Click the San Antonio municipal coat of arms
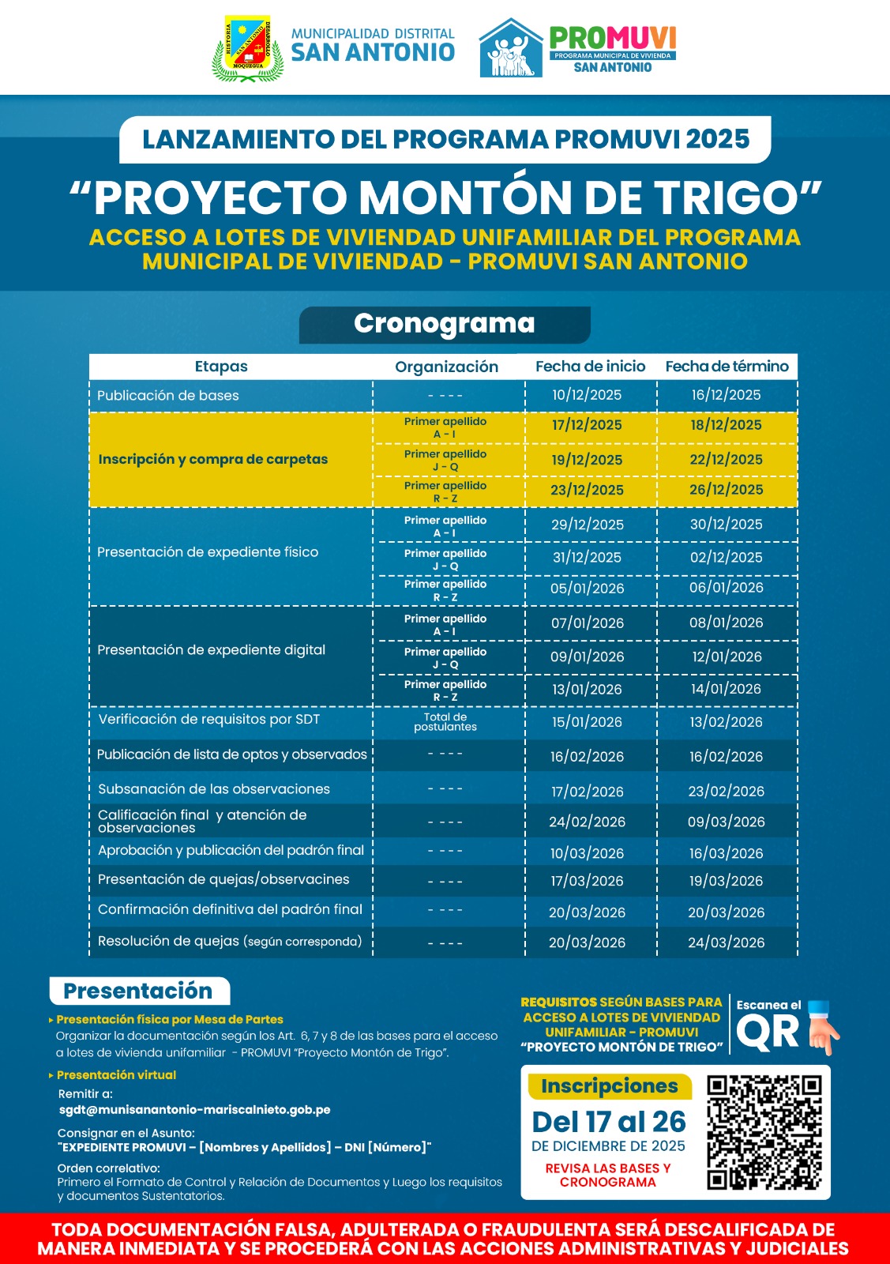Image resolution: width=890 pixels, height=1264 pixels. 248,48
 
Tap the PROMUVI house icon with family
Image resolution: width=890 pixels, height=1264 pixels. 511,49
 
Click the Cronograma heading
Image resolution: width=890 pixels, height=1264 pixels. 445,324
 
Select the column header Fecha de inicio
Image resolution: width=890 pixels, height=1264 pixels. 590,367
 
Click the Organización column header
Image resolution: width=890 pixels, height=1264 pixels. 446,367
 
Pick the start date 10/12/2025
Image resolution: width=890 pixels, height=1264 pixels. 587,395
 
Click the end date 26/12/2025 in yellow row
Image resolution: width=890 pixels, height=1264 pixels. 726,490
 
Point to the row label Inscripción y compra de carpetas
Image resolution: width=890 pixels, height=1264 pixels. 212,459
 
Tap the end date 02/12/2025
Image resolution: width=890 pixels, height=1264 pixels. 726,557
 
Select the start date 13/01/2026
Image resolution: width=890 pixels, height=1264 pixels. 587,689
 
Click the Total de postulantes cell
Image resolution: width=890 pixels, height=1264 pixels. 445,722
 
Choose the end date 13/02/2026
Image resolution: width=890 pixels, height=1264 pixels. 726,722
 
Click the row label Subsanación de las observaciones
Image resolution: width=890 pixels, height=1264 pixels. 214,789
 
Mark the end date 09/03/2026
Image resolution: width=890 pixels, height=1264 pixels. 726,822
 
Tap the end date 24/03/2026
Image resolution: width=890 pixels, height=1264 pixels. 726,942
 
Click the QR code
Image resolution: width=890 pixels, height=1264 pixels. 764,1132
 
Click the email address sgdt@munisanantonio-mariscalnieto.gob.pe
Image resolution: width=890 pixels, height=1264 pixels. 194,1110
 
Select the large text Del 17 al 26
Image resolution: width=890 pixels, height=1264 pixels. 609,1122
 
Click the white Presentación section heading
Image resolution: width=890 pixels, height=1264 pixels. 138,991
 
